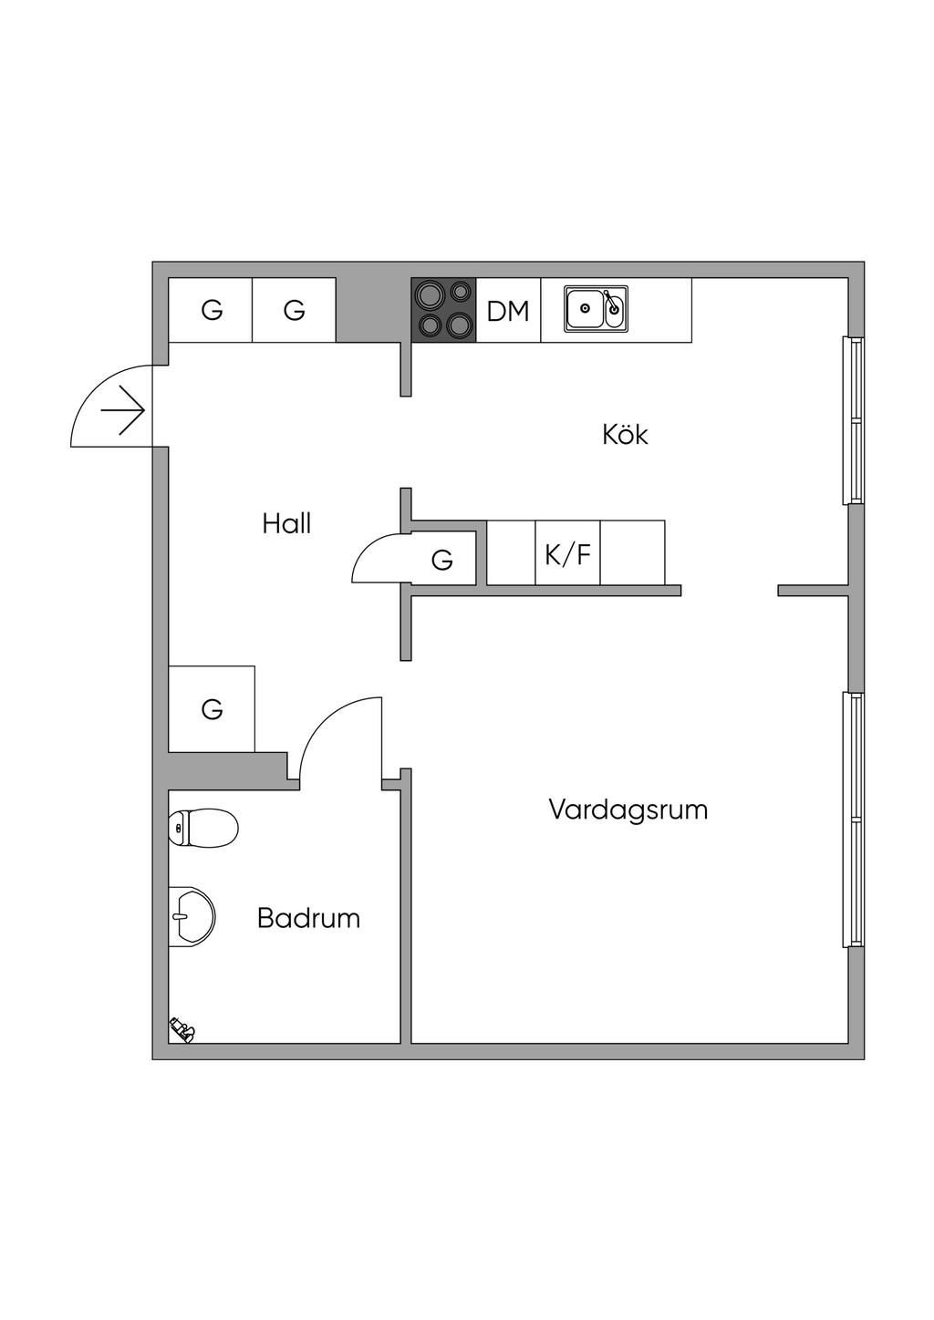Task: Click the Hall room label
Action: coord(286,524)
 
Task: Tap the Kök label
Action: coord(625,435)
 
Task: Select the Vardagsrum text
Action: coord(628,810)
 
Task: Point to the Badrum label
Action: coord(308,918)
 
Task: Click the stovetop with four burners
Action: coord(444,310)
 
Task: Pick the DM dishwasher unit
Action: coord(508,311)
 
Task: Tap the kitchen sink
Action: coord(595,309)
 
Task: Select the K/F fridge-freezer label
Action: coord(567,554)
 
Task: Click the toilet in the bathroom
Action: coord(202,828)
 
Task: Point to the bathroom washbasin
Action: coord(192,916)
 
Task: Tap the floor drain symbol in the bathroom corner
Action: coord(182,1031)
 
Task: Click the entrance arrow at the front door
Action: coord(124,412)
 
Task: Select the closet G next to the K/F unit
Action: coord(442,559)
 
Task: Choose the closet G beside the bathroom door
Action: coord(212,708)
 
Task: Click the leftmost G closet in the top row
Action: coord(211,311)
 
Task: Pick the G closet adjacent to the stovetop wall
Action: coord(294,311)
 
